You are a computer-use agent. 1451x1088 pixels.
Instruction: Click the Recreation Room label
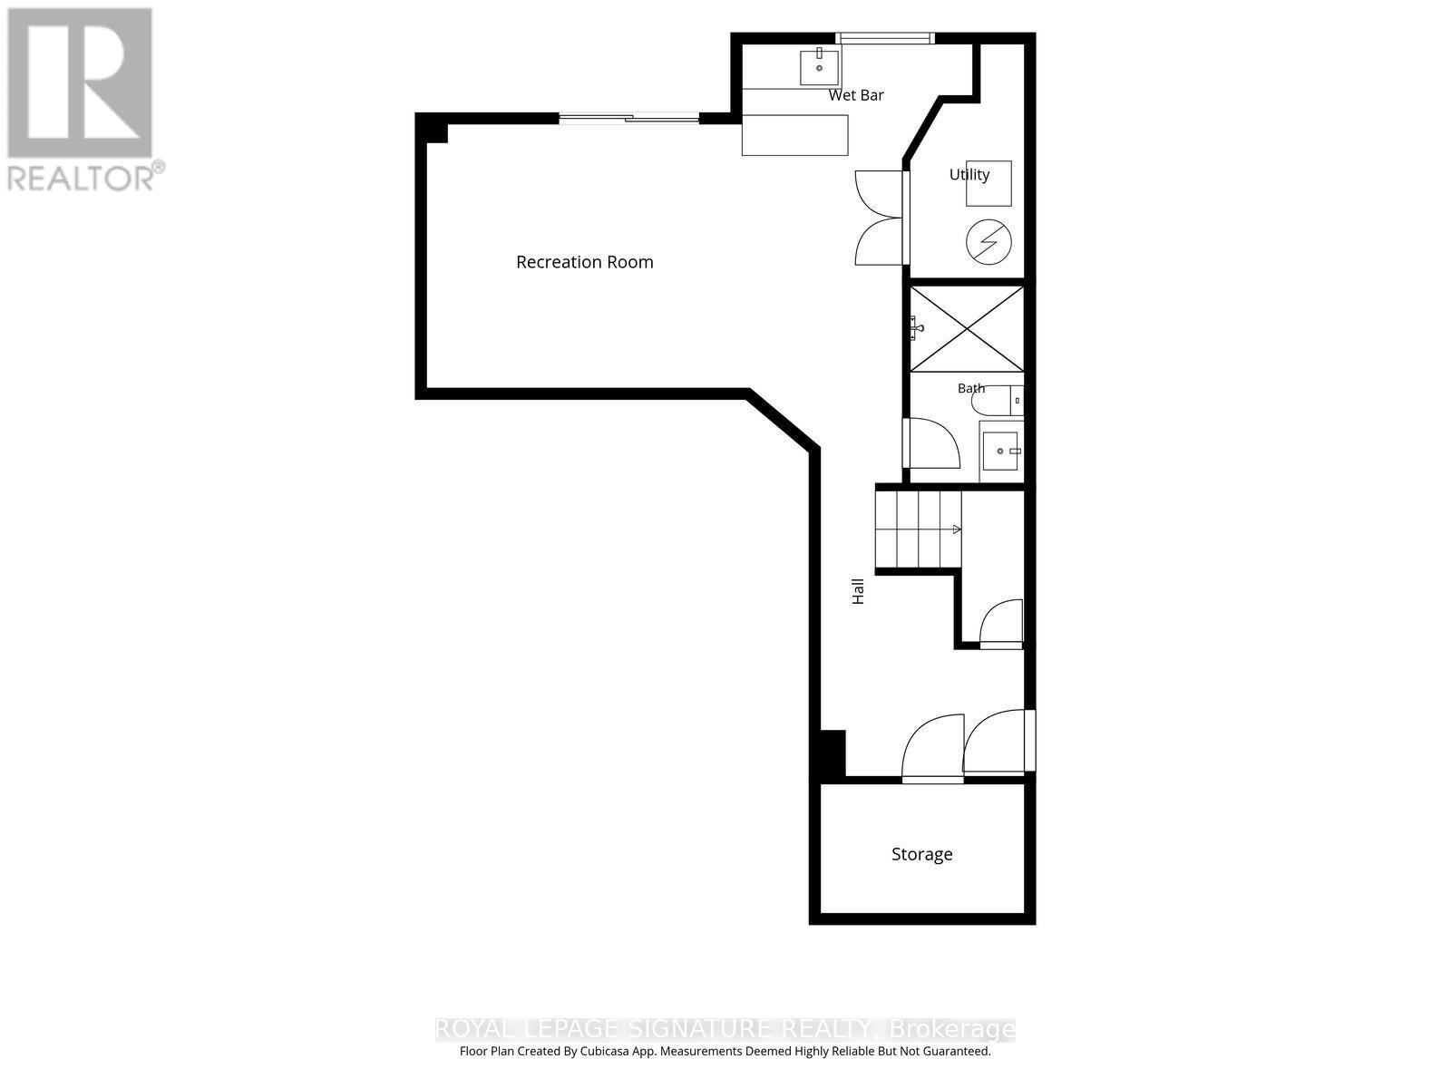584,262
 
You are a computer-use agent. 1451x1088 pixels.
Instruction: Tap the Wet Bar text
856,95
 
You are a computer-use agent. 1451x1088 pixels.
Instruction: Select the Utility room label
969,174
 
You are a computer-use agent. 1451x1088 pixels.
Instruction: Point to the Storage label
921,854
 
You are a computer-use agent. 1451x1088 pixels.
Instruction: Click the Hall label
858,591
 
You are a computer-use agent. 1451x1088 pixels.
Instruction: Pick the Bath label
971,388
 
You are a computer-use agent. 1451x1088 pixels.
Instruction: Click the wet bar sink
819,68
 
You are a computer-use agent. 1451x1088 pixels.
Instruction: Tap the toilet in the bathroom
998,401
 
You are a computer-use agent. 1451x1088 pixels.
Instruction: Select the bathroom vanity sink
1001,452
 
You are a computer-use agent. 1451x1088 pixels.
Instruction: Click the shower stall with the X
967,328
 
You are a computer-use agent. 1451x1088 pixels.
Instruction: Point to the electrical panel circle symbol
988,242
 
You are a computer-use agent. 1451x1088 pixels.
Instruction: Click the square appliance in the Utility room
988,184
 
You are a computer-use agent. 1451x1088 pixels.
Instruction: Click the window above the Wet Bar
885,38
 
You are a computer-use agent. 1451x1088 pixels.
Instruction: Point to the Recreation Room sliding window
629,119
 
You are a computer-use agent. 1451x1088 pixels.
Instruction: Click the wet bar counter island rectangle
794,135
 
